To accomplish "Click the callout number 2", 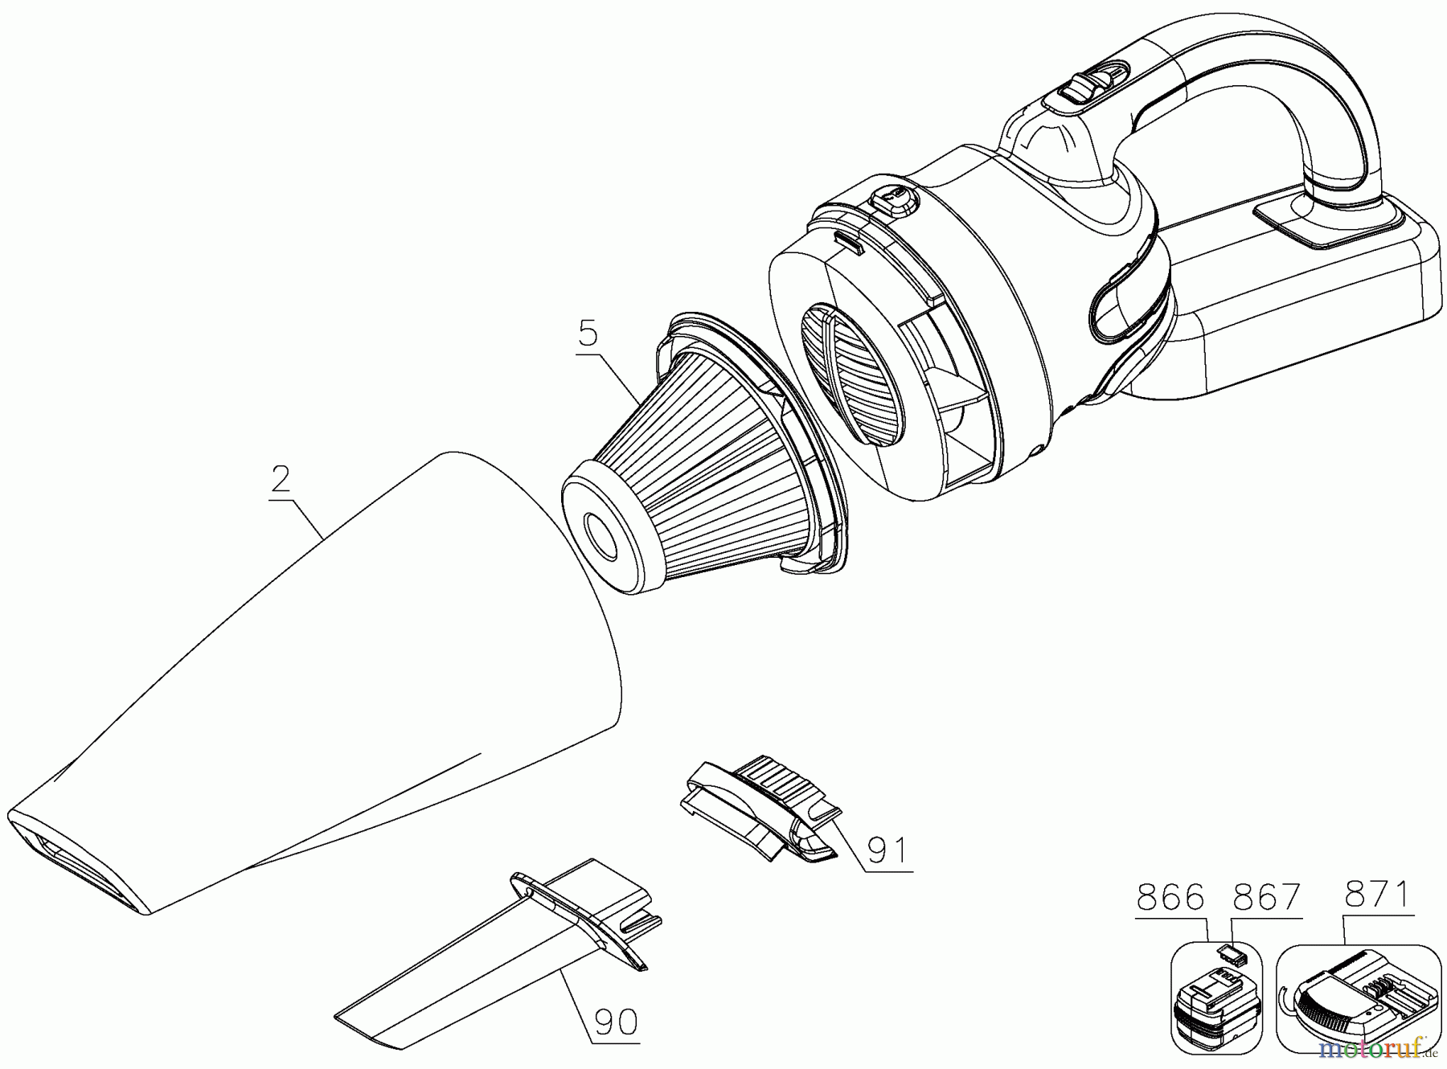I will [281, 479].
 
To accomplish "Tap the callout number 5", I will [588, 331].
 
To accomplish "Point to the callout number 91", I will [887, 850].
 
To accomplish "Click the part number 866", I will [1170, 897].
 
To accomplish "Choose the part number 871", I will [1377, 893].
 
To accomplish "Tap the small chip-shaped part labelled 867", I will [1231, 954].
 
